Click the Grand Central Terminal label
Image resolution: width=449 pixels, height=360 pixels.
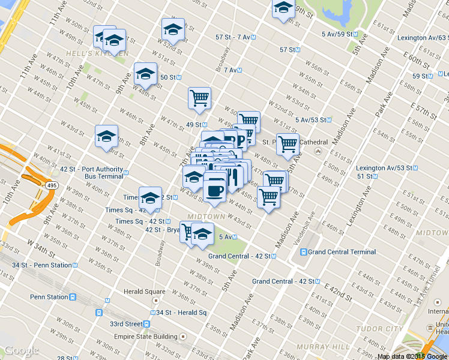pos(342,252)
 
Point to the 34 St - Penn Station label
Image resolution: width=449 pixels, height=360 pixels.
pos(42,265)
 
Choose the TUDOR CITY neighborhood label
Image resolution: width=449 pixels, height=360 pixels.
pos(379,329)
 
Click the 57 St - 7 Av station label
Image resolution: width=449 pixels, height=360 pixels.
pos(233,37)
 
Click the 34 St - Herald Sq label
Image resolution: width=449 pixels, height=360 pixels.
pos(181,313)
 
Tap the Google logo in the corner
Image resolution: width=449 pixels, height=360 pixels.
pos(22,351)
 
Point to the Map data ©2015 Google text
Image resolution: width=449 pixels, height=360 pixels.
pos(412,356)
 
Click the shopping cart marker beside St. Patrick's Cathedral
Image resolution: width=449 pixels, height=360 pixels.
pos(288,144)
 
